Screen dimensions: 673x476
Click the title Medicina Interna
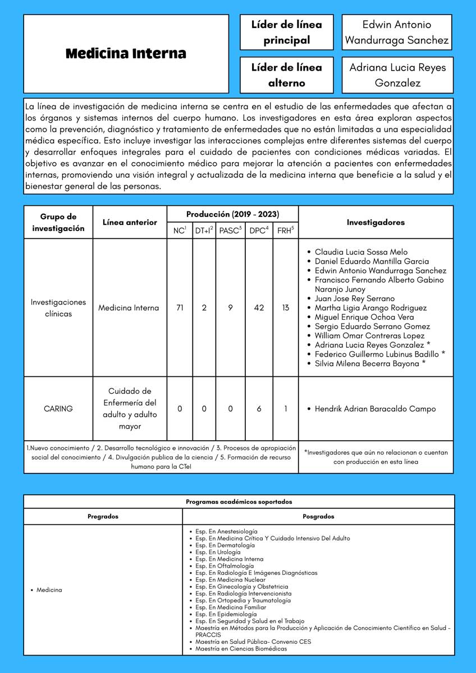[x=126, y=54]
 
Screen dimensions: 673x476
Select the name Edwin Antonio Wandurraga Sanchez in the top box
[x=397, y=33]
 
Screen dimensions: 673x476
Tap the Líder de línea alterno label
[x=286, y=75]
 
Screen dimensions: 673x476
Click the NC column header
[x=180, y=230]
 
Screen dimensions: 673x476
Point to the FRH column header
[x=285, y=230]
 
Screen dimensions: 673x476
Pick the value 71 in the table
[x=180, y=307]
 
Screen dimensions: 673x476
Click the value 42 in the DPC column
[x=259, y=307]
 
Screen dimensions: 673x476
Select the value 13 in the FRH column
[x=285, y=307]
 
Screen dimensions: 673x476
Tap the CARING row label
[x=58, y=409]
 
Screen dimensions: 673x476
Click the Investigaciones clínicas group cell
[x=58, y=307]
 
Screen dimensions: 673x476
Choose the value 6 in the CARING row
[x=259, y=409]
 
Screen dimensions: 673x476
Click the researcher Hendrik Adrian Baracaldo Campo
[x=375, y=409]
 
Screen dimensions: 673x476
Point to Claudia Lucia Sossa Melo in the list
[x=361, y=252]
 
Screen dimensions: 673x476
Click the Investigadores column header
[x=376, y=222]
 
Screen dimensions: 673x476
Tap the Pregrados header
[x=103, y=517]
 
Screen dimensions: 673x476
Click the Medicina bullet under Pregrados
[x=49, y=590]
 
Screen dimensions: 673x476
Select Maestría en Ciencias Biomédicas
[x=241, y=649]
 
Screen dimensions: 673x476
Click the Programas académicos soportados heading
[x=239, y=502]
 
